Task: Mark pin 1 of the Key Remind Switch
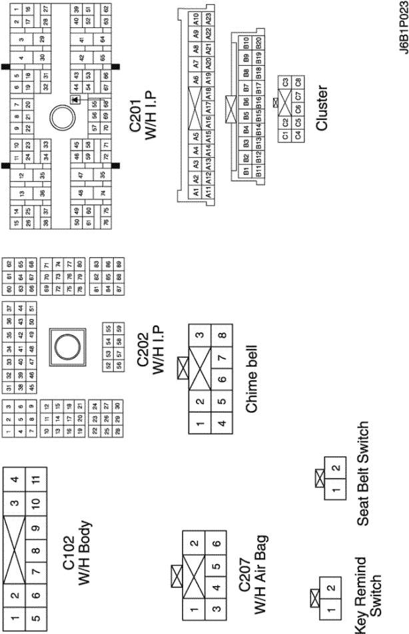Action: pyautogui.click(x=331, y=607)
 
